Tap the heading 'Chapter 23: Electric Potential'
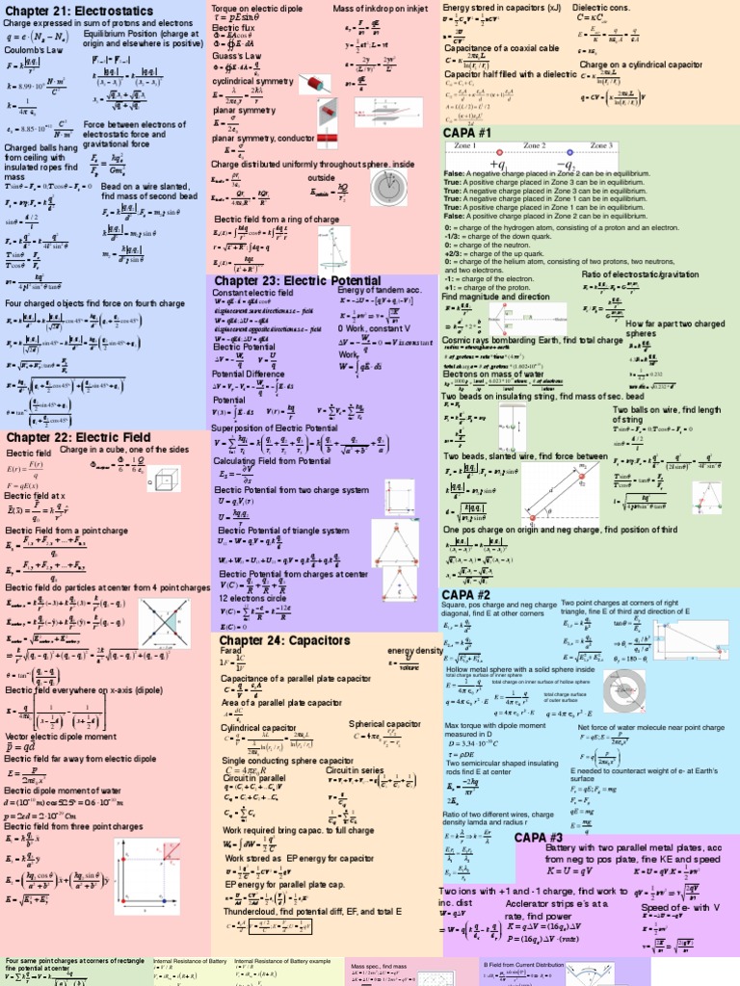pos(297,280)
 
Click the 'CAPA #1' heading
pos(467,131)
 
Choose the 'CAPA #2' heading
pos(467,594)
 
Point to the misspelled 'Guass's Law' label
pos(237,57)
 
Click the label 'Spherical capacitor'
pos(384,723)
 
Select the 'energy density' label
pos(414,650)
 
